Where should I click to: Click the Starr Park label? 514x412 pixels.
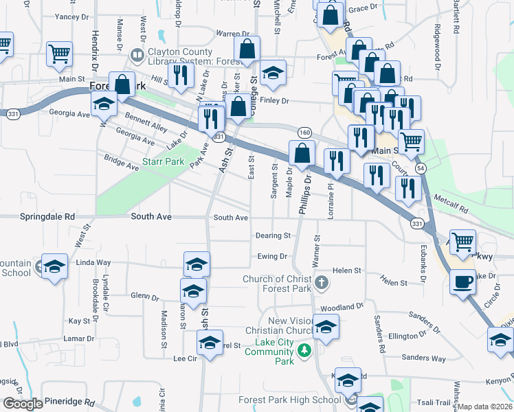(x=164, y=162)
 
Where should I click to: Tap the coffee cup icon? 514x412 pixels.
(x=463, y=281)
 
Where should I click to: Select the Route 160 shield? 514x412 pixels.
(x=304, y=132)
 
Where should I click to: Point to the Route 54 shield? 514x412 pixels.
(x=421, y=168)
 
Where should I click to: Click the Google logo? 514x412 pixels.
(x=23, y=404)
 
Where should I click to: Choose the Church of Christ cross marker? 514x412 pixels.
(x=321, y=282)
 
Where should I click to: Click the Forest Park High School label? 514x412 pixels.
(x=289, y=400)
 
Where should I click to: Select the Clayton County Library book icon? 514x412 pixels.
(x=138, y=54)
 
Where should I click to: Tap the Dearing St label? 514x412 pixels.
(x=273, y=236)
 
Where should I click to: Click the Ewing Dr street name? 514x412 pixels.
(x=272, y=256)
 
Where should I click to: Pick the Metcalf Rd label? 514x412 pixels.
(x=451, y=203)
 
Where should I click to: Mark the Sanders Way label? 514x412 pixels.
(x=423, y=358)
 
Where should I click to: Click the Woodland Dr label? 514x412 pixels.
(x=341, y=306)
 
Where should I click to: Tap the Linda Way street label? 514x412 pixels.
(x=93, y=262)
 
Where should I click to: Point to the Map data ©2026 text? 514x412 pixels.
(x=485, y=407)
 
